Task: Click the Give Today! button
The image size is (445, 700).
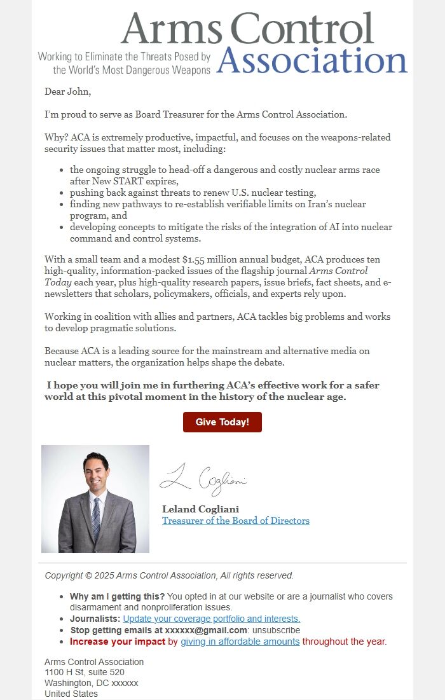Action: point(222,422)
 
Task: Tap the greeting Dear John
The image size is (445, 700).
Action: point(67,92)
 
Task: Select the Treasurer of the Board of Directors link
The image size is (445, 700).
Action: point(235,521)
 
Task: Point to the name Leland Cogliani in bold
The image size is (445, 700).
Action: point(200,509)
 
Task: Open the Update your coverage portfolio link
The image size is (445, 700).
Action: point(211,619)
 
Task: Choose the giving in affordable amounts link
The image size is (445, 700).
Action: point(240,642)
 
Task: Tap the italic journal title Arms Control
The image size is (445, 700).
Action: point(338,271)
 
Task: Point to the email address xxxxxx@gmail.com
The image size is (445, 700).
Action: point(206,630)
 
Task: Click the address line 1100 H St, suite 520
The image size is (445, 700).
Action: point(85,672)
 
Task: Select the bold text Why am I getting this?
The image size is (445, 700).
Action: point(117,596)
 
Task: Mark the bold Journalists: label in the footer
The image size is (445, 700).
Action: point(95,619)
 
